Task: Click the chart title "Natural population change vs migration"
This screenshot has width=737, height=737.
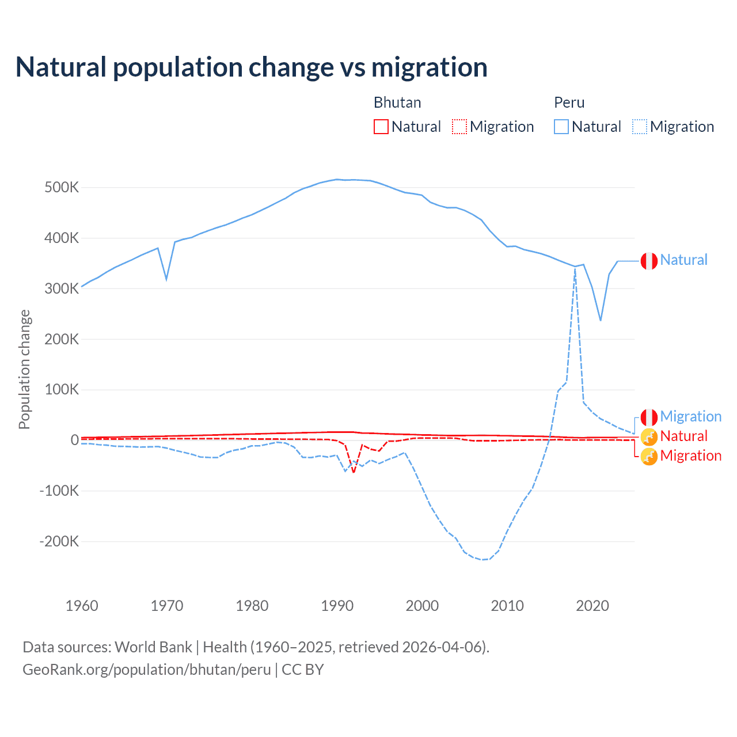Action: pos(252,67)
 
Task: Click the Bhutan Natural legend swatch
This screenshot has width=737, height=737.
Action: pos(381,127)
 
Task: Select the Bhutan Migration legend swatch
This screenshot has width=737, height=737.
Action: pos(459,127)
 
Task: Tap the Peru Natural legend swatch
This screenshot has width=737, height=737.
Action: pos(561,127)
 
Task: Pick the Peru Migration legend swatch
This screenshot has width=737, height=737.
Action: pos(640,127)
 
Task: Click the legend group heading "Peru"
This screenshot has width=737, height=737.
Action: pos(569,102)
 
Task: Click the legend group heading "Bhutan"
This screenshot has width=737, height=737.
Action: pos(397,102)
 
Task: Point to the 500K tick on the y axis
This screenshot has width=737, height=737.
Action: pos(62,188)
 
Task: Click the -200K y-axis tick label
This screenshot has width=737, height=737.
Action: pos(59,541)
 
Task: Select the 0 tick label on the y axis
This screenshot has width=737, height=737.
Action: pos(74,440)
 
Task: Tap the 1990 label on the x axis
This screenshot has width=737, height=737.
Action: pos(337,606)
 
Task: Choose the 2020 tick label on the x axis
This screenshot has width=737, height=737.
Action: pos(592,606)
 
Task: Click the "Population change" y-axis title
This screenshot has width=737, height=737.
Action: pos(24,369)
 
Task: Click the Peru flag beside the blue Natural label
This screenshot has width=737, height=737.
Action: pos(649,261)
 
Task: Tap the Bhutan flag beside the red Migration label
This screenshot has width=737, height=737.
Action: pos(649,457)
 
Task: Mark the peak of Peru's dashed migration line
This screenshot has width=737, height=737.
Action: pos(575,269)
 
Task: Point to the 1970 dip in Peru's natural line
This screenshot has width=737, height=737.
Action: pos(166,279)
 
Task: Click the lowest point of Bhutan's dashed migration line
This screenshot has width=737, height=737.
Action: pos(354,472)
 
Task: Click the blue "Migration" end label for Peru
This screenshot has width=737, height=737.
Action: pos(690,416)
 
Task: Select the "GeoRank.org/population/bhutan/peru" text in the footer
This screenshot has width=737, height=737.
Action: pos(147,670)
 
